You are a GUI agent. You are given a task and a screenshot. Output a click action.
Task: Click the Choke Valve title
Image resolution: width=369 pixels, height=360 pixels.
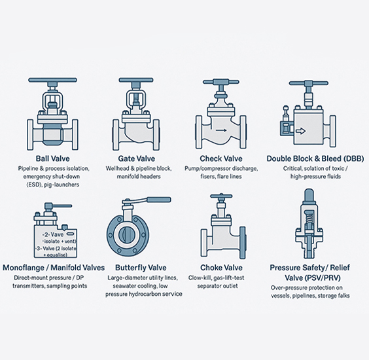pos(222,268)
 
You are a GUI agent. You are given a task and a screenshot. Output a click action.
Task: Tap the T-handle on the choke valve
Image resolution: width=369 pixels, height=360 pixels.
pos(221,197)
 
